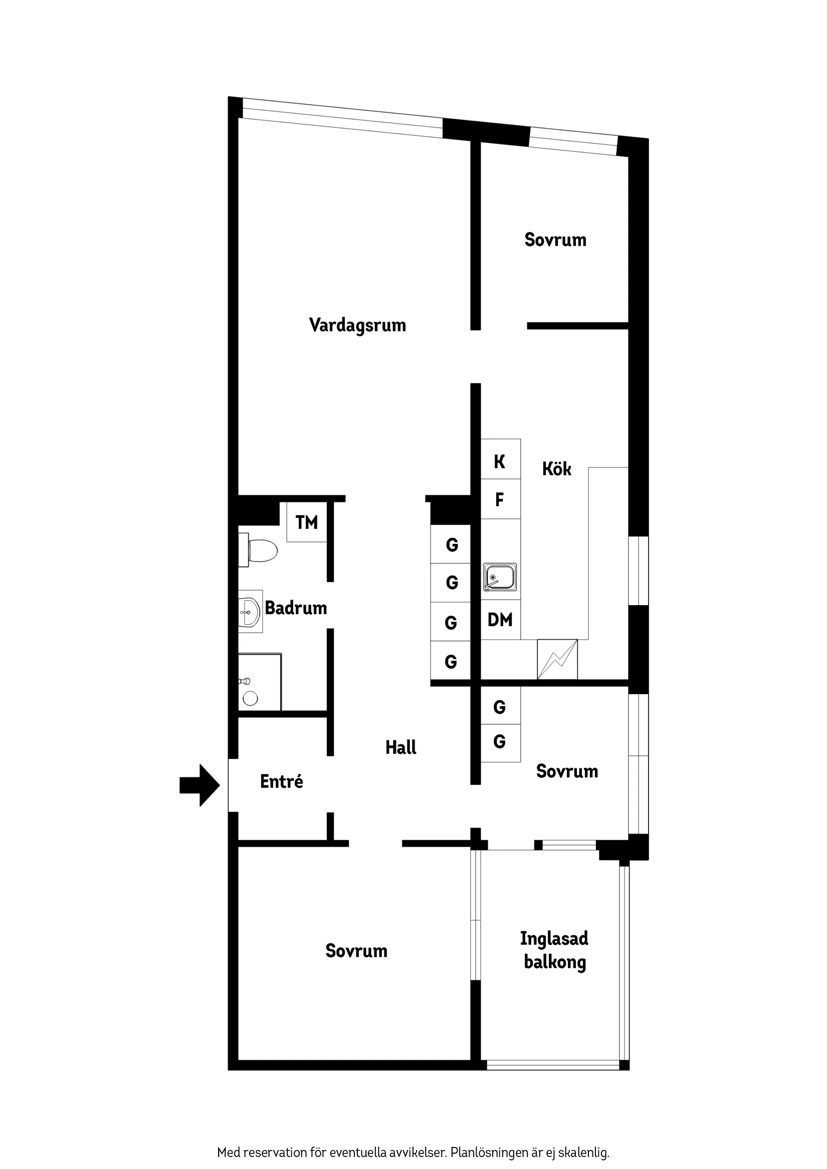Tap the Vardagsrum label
pos(357,326)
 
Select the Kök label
pos(556,469)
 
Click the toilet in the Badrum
pos(259,550)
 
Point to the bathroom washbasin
pos(250,612)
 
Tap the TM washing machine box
pos(306,522)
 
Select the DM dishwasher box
pos(500,620)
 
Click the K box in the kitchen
pos(500,461)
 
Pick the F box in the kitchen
pos(500,499)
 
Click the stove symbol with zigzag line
pos(557,659)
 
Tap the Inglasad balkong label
pos(554,950)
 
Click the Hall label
pos(400,747)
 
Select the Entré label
pos(281,781)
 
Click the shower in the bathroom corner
pos(259,682)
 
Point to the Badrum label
pos(296,608)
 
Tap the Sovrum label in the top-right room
pos(555,240)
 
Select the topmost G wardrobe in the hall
pos(452,545)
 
